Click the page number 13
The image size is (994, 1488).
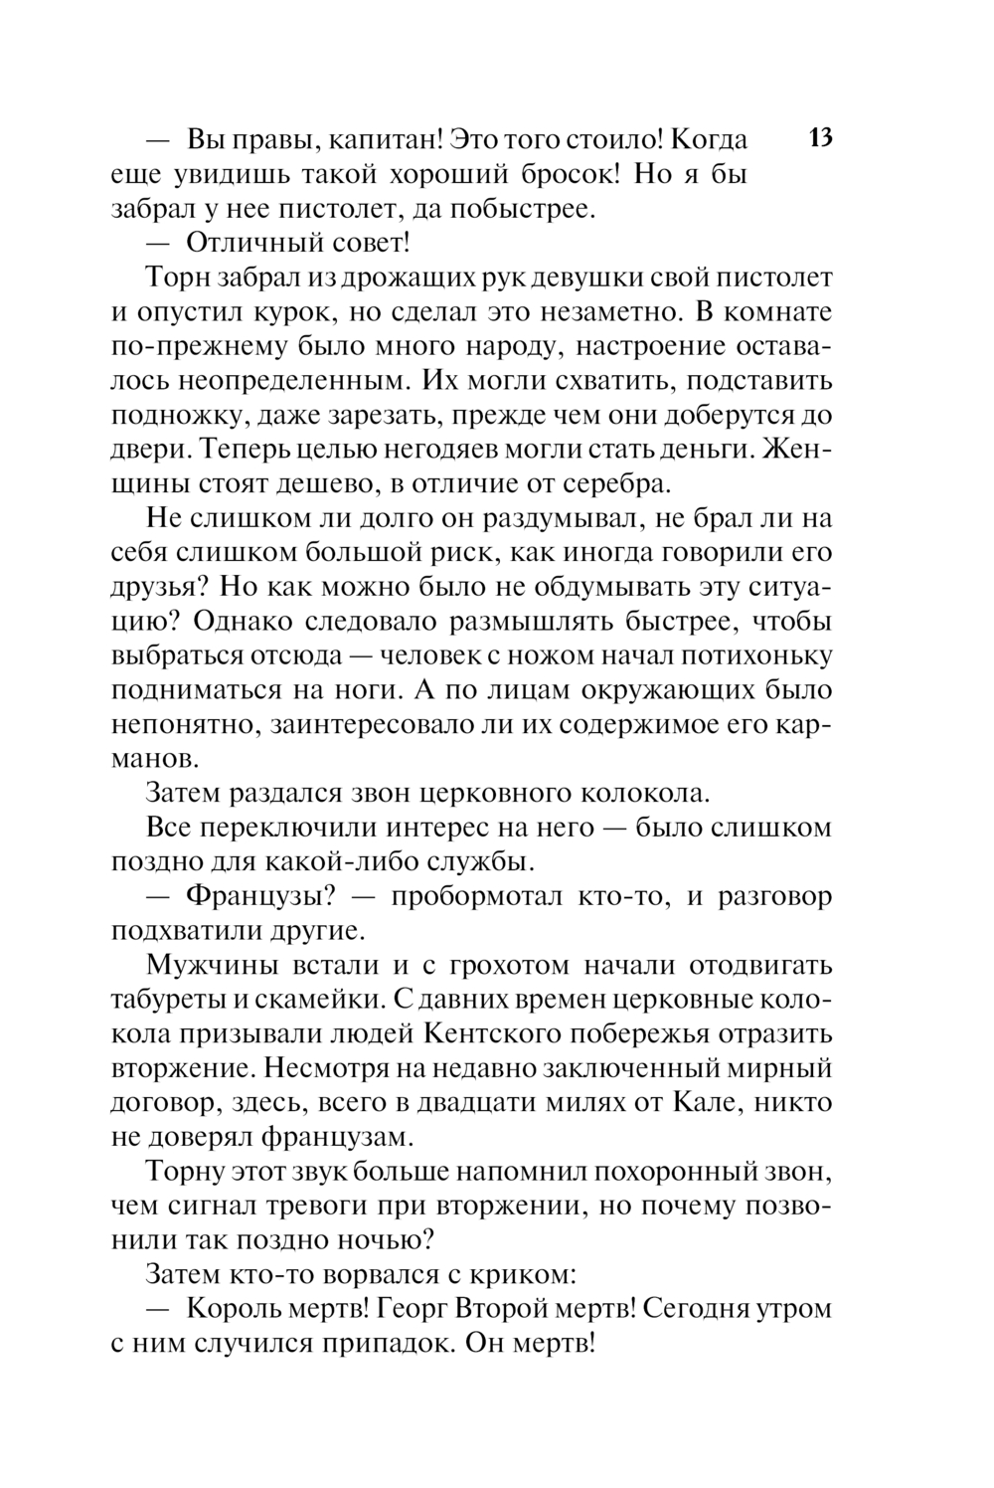pyautogui.click(x=820, y=137)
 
